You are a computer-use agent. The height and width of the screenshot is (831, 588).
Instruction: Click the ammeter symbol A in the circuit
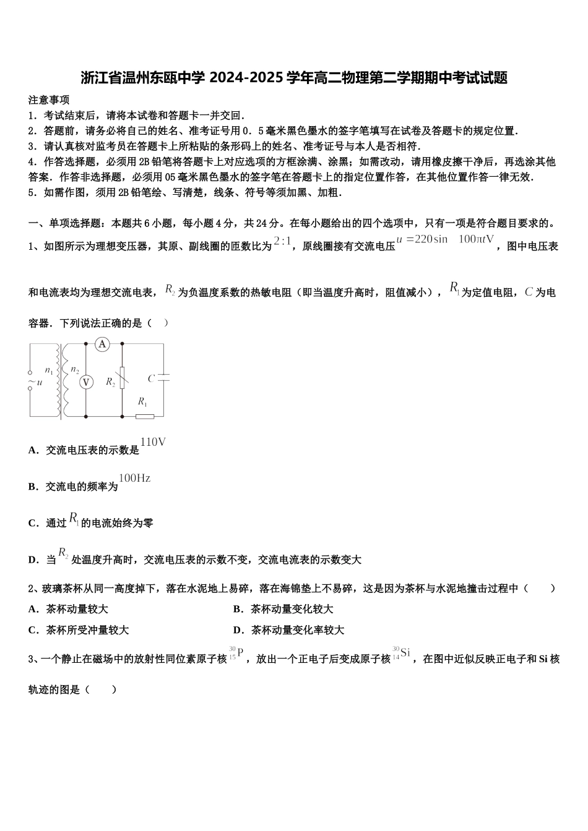click(x=102, y=344)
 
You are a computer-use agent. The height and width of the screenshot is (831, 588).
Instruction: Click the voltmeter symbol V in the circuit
click(x=86, y=383)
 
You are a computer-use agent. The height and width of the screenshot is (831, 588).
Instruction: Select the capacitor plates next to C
click(x=163, y=378)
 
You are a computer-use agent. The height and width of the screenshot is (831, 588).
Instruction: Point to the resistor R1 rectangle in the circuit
click(x=144, y=416)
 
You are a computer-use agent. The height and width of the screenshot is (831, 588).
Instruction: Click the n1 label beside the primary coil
click(x=49, y=370)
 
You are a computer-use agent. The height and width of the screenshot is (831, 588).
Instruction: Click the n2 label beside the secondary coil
click(x=75, y=370)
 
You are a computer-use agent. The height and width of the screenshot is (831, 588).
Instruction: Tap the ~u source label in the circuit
click(x=35, y=383)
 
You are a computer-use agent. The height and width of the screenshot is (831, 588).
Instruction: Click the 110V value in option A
click(x=153, y=442)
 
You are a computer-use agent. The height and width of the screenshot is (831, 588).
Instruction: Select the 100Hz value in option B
click(x=134, y=479)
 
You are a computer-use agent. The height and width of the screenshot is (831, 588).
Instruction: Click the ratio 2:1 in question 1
click(x=282, y=242)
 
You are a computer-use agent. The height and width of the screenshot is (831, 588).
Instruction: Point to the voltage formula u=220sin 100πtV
click(x=445, y=240)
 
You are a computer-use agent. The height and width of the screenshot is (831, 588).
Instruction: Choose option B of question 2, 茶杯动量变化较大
click(x=283, y=609)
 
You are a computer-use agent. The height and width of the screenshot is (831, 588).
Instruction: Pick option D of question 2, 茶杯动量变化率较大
click(x=288, y=630)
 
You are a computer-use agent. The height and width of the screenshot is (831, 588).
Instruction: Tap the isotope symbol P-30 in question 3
click(x=236, y=653)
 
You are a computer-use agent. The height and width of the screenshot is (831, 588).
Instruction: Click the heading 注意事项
click(x=49, y=100)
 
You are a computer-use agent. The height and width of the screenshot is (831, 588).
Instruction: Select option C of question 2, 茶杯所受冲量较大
click(x=79, y=630)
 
